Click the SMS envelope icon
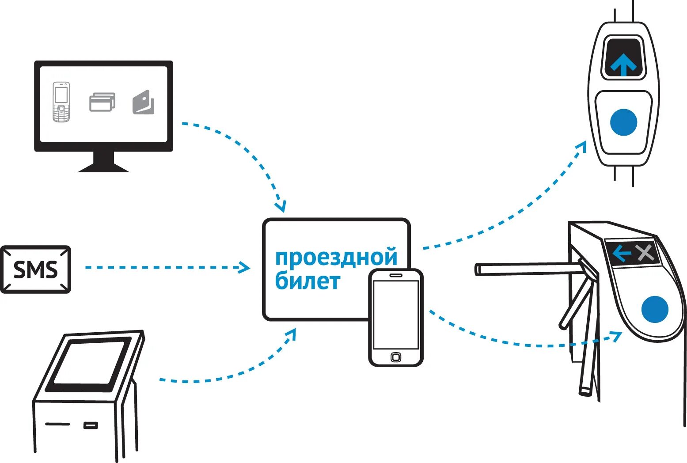[35, 269]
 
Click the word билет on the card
[307, 281]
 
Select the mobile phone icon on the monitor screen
[61, 102]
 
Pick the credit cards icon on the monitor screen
[102, 102]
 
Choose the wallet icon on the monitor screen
[144, 102]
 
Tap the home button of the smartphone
[396, 357]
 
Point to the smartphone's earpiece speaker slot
[396, 275]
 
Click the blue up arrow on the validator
[623, 65]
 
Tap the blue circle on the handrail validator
[623, 122]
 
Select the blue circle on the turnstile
[655, 309]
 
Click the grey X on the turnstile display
[645, 253]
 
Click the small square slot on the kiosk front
[91, 425]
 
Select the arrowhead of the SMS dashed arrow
[244, 267]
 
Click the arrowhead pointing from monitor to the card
[281, 206]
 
